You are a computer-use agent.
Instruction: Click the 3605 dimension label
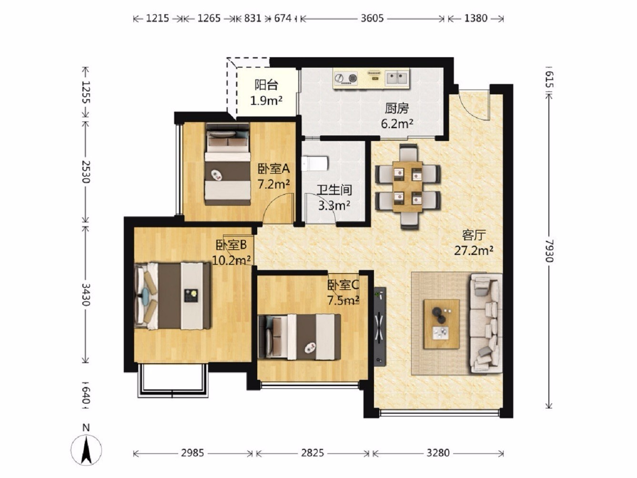pos(372,19)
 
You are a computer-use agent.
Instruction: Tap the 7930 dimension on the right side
pos(548,251)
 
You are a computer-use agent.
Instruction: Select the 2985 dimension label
pos(192,452)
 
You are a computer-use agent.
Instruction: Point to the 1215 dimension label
pos(157,19)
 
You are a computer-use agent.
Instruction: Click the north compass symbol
pos(86,449)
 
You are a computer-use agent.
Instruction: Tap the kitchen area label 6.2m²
pos(397,124)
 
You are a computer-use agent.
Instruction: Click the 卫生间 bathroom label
pos(334,190)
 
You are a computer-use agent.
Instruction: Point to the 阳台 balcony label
pos(266,85)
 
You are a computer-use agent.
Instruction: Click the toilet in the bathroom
pos(315,163)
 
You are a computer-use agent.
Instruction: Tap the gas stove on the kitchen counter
pos(345,78)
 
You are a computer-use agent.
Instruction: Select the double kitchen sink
pos(396,78)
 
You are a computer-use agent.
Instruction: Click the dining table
pos(407,186)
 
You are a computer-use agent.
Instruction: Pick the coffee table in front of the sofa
pos(441,324)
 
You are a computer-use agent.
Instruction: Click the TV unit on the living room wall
pos(380,326)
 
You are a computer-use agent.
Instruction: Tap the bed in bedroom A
pos(228,164)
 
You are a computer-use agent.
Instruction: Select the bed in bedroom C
pos(300,337)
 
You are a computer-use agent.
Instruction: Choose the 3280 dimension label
pos(438,452)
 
